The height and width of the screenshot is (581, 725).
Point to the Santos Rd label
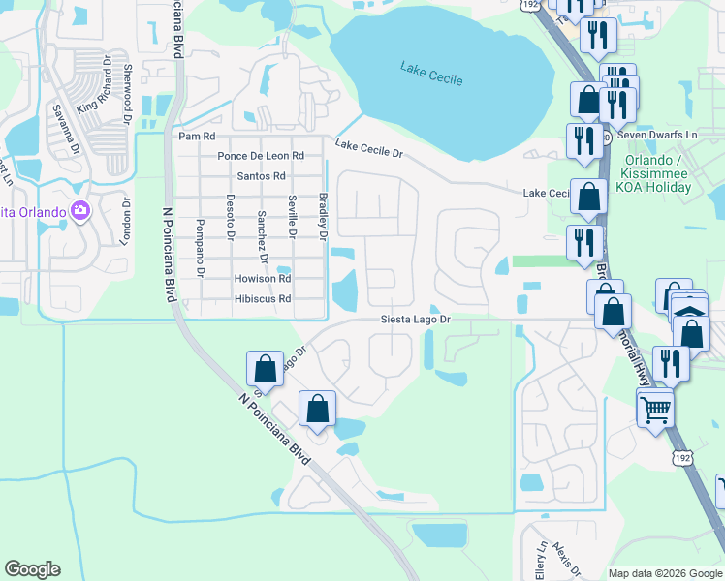(x=262, y=176)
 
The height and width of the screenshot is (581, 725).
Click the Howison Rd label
(x=263, y=278)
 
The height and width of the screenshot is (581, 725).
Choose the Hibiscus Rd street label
(x=263, y=299)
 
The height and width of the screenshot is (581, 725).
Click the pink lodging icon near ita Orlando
(x=80, y=210)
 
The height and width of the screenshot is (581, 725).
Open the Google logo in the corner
(x=32, y=569)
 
